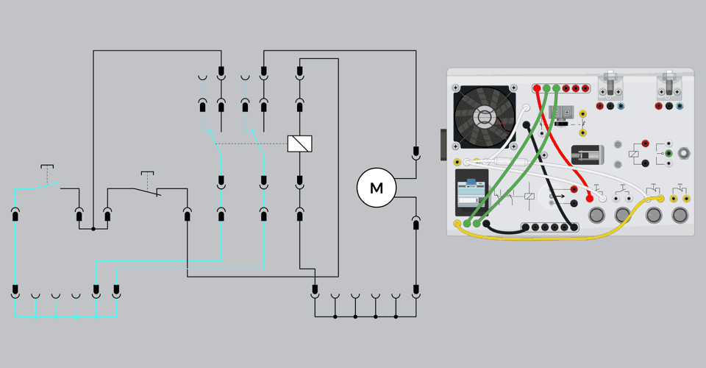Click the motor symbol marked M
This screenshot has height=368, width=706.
377,188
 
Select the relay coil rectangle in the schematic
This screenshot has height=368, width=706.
299,144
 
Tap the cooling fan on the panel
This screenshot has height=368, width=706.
485,116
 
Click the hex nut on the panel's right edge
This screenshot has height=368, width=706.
685,153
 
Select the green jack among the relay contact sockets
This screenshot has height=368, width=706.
668,153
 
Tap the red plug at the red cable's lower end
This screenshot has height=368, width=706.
590,197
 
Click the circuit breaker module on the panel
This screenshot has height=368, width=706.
471,194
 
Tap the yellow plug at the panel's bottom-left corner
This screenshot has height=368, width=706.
457,224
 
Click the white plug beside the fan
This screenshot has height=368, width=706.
527,107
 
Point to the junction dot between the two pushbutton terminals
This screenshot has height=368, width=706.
93,229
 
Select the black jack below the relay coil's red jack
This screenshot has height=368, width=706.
645,163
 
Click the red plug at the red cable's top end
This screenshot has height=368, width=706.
538,89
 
